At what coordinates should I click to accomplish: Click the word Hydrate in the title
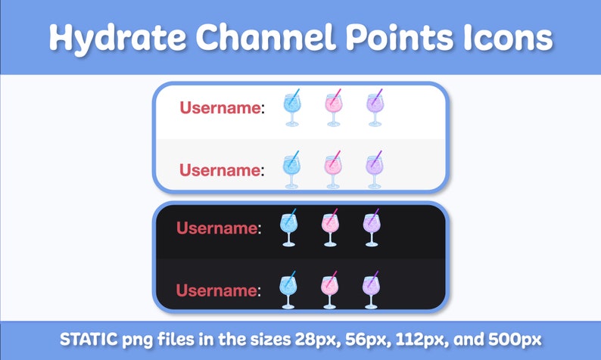coord(102,37)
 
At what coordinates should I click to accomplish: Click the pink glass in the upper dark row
coord(329,228)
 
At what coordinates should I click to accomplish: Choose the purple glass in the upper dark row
coord(370,228)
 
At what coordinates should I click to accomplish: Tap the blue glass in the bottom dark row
coord(288,290)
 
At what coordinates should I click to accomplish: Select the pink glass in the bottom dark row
coord(329,290)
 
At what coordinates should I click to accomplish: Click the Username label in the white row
coord(220,108)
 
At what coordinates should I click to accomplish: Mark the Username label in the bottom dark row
coord(216,290)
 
